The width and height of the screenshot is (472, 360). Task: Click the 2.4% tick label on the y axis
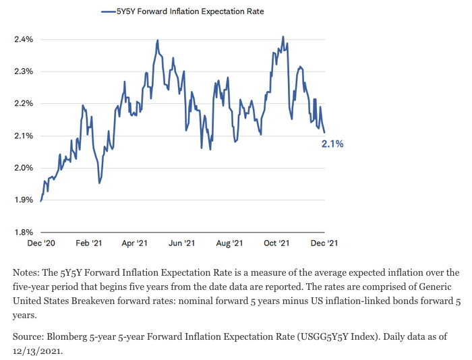[x=24, y=39]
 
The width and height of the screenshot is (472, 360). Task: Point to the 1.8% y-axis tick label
[x=24, y=232]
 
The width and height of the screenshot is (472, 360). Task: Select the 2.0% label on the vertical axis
[x=24, y=168]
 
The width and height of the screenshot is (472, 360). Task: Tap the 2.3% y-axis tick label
[x=24, y=71]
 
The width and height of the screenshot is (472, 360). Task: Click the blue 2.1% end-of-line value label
[x=332, y=144]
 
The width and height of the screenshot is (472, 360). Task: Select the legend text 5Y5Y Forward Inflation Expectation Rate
[x=189, y=11]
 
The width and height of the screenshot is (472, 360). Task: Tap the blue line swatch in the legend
[x=108, y=11]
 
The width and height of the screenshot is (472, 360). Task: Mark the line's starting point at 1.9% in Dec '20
[x=41, y=201]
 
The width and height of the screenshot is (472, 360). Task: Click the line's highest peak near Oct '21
[x=283, y=36]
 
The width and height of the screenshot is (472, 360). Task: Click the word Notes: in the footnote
[x=26, y=272]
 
